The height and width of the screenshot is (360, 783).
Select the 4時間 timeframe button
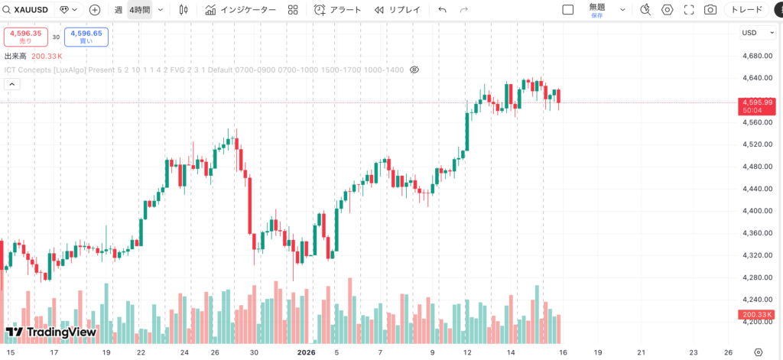pos(139,10)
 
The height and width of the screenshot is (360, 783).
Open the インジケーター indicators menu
pos(240,10)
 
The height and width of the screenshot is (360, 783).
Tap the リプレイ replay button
pos(398,10)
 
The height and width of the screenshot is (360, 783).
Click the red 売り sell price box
pos(25,36)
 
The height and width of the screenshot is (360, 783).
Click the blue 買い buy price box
pos(86,36)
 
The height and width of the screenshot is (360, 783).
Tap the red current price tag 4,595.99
pos(757,102)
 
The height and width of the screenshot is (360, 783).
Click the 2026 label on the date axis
pos(306,352)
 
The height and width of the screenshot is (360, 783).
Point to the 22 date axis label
pos(141,352)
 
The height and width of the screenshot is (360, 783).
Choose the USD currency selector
pos(752,32)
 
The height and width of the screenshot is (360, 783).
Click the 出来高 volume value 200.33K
pos(47,56)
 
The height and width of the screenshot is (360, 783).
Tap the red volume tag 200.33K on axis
pos(757,315)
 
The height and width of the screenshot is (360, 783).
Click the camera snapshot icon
pos(710,10)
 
